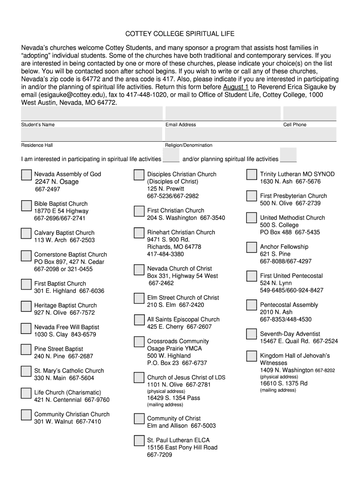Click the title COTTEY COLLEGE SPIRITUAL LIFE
click(x=180, y=34)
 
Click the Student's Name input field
click(x=92, y=113)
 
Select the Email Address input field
click(x=223, y=113)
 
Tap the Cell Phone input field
click(x=309, y=113)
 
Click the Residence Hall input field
click(x=92, y=134)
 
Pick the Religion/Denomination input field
click(x=250, y=134)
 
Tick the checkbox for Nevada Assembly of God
click(x=26, y=174)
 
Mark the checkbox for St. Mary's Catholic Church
click(x=26, y=371)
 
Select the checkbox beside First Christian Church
click(x=139, y=211)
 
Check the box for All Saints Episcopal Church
click(x=139, y=320)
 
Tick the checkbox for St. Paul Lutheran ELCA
click(x=139, y=441)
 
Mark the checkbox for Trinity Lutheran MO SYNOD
click(x=252, y=174)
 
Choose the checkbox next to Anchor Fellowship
click(x=252, y=247)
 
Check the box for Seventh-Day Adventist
click(x=252, y=334)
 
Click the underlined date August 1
click(x=236, y=87)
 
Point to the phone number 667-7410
click(x=88, y=421)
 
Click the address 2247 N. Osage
click(x=57, y=181)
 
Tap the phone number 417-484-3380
click(x=166, y=254)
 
